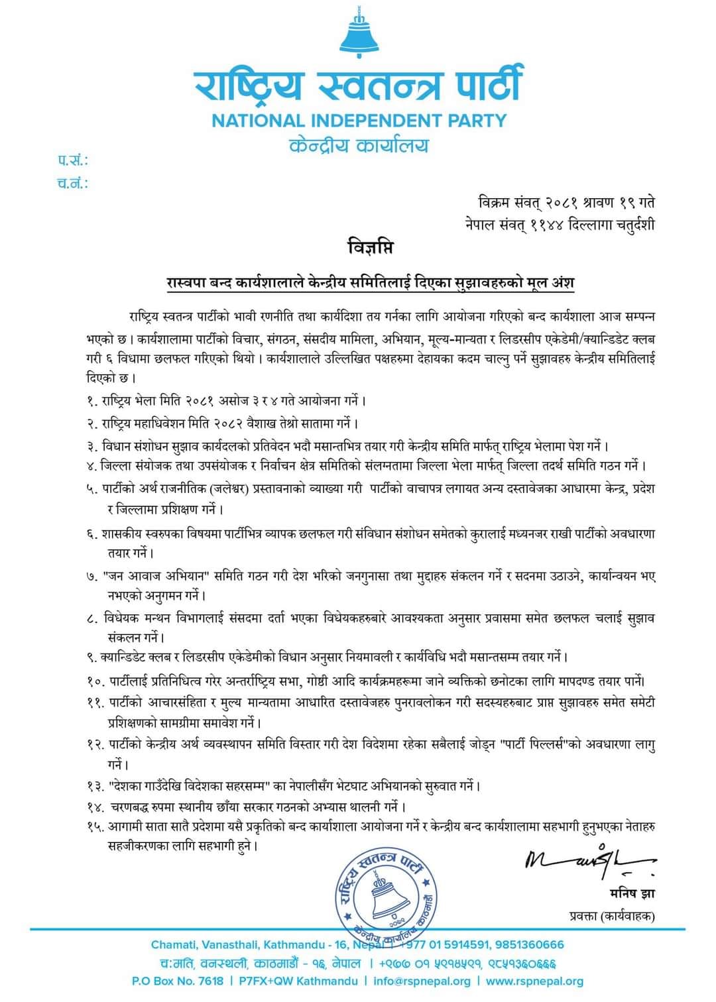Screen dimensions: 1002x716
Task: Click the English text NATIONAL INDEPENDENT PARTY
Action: pos(359,121)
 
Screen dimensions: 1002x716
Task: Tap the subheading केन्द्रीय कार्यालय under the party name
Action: pos(359,145)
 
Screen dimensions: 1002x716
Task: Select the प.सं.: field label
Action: pos(72,160)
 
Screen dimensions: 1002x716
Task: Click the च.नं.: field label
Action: pos(72,183)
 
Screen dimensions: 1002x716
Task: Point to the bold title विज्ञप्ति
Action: pos(370,248)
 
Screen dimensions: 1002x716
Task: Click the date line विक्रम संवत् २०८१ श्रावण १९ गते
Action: pos(566,201)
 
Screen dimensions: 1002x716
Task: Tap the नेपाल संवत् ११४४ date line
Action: pos(560,225)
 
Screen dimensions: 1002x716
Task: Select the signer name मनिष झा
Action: pos(632,893)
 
